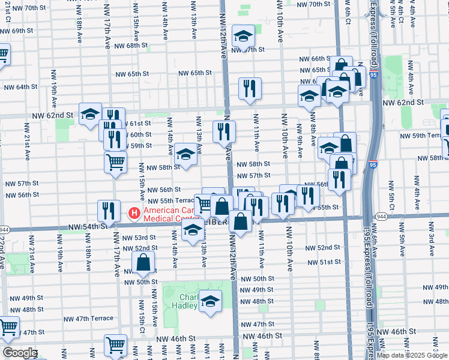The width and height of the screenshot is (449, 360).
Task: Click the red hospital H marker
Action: pos(134,212)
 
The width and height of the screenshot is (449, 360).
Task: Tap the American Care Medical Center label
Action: pos(170,213)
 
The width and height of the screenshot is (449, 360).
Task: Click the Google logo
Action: pos(19,353)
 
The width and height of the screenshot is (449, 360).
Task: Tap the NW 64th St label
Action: pos(20,87)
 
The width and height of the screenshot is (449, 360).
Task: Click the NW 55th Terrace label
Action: pos(172,201)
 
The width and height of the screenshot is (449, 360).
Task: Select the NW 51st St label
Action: pos(324,263)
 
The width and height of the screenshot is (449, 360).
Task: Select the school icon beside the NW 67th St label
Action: pos(243,37)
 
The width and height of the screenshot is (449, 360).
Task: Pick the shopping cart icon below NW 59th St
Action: pos(115,161)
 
